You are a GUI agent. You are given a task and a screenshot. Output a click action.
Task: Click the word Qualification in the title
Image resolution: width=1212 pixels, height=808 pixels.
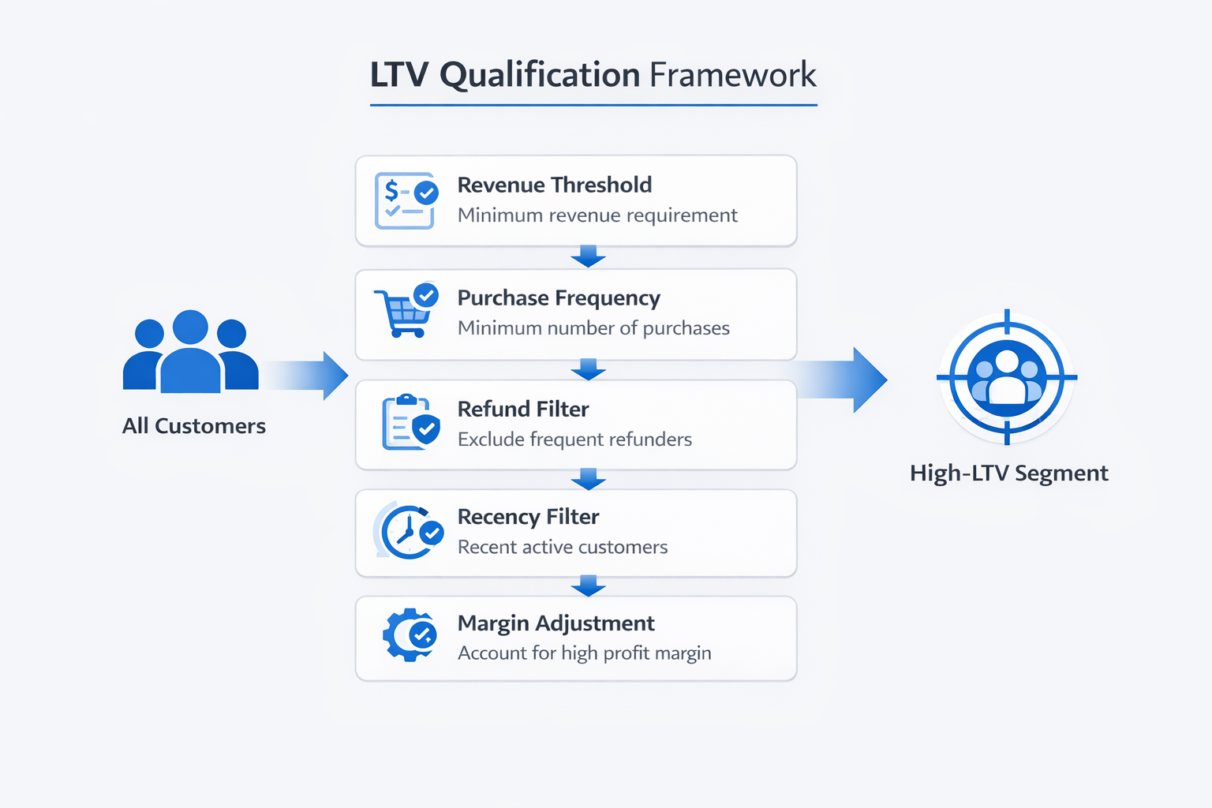point(539,76)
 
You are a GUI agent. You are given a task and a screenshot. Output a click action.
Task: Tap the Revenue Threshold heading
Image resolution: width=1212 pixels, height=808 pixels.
point(554,185)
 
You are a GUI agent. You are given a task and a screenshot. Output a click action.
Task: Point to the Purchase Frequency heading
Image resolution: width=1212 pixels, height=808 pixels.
point(558,297)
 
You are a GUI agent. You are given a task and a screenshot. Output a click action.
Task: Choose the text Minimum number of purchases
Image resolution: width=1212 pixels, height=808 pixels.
point(593,328)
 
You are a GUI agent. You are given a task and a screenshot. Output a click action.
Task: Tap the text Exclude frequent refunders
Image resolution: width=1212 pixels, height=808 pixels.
point(574,440)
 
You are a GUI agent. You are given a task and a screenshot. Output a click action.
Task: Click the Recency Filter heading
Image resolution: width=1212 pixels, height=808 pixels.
point(528,517)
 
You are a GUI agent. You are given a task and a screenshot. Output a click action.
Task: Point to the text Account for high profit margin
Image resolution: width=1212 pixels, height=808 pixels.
point(584,653)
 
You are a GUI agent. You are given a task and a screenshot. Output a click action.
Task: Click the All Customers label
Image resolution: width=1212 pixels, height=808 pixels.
point(193,426)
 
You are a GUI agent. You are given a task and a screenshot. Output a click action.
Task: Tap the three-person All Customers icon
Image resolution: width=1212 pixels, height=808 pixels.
point(190,353)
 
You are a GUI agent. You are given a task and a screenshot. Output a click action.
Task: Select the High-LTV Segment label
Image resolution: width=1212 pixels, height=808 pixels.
point(1008,473)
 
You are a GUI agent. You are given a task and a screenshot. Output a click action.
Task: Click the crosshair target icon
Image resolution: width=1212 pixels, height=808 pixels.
point(1007,377)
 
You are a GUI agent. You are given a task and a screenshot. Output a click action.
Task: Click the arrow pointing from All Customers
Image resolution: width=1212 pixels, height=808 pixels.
point(308,376)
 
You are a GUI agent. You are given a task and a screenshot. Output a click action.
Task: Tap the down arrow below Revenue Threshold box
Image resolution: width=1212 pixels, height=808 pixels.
point(588,256)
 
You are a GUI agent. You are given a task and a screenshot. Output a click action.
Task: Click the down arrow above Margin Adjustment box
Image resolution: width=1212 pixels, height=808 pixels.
point(588,585)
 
